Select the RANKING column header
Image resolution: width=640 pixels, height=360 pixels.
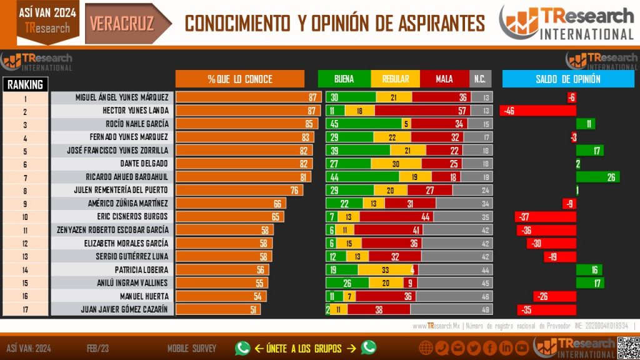coord(26,84)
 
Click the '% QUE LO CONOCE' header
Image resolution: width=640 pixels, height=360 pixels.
coord(240,79)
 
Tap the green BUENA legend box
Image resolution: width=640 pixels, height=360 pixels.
coord(344,79)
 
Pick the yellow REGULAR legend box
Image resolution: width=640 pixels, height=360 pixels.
coord(395,79)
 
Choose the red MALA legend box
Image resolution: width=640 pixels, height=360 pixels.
coord(444,79)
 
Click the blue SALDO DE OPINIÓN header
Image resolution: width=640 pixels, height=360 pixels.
coord(567,79)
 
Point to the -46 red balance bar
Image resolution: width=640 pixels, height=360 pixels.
coord(537,111)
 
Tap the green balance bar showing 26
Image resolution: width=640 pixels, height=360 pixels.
coord(597,177)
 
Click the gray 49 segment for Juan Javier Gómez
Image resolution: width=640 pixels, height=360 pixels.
coord(452,309)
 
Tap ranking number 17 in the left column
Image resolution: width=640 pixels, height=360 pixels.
coord(26,309)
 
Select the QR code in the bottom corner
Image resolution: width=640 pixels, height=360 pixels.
coord(627,347)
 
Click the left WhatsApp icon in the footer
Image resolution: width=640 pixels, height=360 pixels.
coord(242,347)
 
